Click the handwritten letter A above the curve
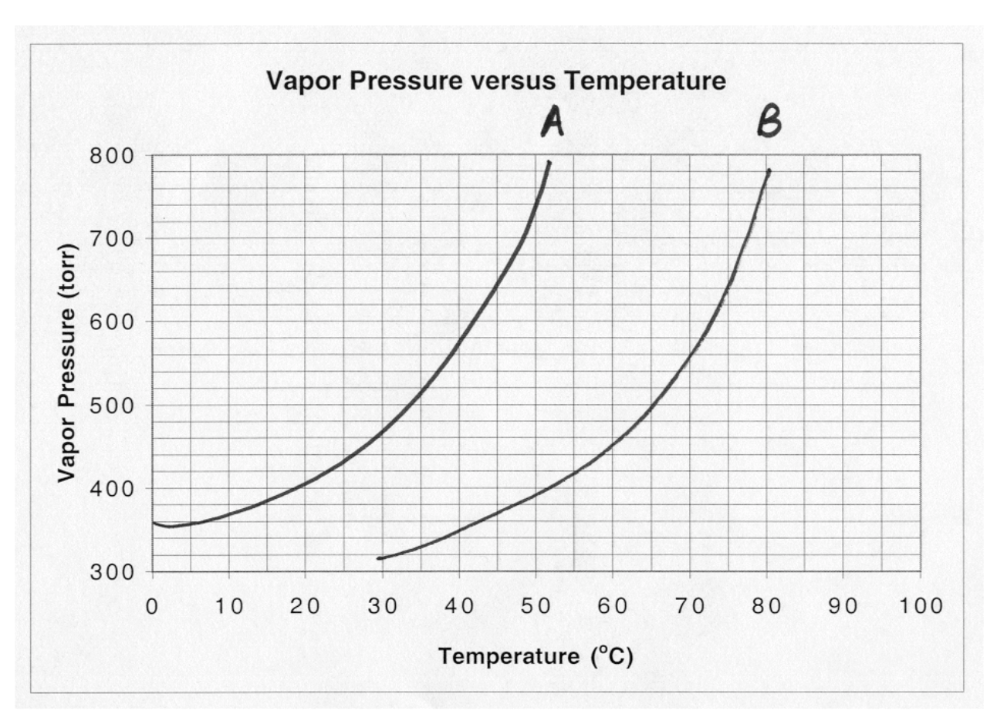pyautogui.click(x=553, y=122)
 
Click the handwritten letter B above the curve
pyautogui.click(x=769, y=122)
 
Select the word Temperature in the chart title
pyautogui.click(x=657, y=81)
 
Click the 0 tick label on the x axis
pyautogui.click(x=153, y=605)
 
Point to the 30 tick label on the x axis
pyautogui.click(x=382, y=605)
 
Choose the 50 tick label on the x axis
pyautogui.click(x=536, y=605)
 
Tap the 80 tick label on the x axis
pyautogui.click(x=766, y=605)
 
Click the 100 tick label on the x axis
pyautogui.click(x=920, y=605)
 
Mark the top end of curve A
pyautogui.click(x=549, y=161)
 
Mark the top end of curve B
pyautogui.click(x=769, y=170)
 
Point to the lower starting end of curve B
pyautogui.click(x=378, y=558)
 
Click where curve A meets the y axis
pyautogui.click(x=154, y=523)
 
